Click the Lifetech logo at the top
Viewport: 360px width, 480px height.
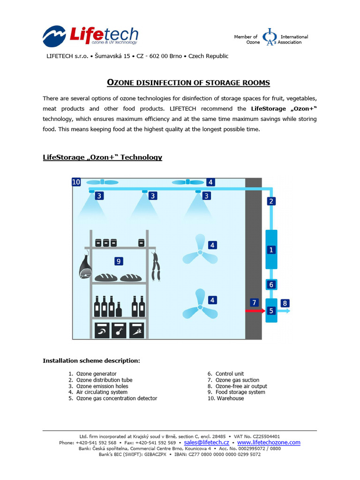point(90,36)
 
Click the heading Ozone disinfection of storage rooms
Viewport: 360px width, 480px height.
point(189,83)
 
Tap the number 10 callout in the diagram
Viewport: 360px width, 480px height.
point(76,182)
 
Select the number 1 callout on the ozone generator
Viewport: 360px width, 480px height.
point(271,250)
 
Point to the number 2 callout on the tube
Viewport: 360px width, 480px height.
point(271,201)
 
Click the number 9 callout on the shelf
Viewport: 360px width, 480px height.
point(119,261)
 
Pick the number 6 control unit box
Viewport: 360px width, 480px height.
point(271,285)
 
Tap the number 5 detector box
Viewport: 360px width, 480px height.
point(271,310)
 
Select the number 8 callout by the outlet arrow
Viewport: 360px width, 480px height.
point(285,303)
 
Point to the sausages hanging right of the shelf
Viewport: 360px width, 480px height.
point(157,267)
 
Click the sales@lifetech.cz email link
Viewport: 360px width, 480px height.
point(206,442)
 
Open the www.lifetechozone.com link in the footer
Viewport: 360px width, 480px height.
point(269,442)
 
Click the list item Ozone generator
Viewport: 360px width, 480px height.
point(96,374)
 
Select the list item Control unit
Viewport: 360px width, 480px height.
point(230,374)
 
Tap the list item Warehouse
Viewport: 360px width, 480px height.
point(230,398)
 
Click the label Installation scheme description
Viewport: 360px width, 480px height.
point(91,361)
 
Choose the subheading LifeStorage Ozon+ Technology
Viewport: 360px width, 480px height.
point(102,157)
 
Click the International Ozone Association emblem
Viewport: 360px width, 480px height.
point(269,37)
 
